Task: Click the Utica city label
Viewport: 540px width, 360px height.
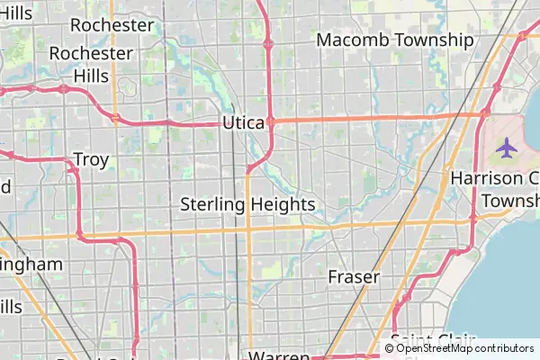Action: pos(241,123)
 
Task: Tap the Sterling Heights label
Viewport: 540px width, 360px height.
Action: pos(247,204)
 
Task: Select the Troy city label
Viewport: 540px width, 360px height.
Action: pos(91,160)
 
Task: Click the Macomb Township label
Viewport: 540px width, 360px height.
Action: pos(395,40)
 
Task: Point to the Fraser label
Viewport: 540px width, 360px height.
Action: pos(354,276)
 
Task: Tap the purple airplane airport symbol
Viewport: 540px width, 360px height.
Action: pos(507,145)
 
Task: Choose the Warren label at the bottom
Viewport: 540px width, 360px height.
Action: pos(279,355)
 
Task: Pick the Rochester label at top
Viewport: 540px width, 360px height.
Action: pos(112,24)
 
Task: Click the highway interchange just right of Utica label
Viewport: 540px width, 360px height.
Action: pos(269,121)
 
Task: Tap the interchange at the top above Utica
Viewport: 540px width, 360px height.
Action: pos(268,42)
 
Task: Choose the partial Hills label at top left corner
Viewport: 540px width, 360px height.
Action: pos(16,13)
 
